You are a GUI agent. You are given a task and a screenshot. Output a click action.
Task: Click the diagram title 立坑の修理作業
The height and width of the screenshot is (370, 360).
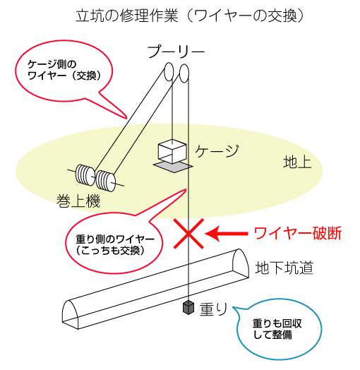(x=127, y=16)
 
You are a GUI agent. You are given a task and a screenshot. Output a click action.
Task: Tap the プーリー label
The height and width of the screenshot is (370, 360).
(x=176, y=52)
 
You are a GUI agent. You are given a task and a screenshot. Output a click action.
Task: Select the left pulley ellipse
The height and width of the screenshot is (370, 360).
(x=169, y=71)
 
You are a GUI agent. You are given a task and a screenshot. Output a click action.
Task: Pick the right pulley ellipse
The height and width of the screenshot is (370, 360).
(x=184, y=73)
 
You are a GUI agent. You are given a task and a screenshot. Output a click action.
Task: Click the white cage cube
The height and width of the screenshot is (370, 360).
(x=172, y=151)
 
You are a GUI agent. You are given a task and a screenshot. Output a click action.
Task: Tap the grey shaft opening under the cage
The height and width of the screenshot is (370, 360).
(x=173, y=167)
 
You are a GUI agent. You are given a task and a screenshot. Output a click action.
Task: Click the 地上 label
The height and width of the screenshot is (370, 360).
(x=297, y=162)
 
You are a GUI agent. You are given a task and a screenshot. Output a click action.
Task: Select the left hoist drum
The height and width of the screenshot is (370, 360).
(x=85, y=174)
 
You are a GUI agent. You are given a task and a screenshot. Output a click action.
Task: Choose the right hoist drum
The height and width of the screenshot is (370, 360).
(x=105, y=181)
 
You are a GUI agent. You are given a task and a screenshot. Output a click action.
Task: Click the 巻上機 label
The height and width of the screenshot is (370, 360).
(x=78, y=201)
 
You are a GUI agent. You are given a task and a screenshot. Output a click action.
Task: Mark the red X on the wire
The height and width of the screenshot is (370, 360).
(x=188, y=234)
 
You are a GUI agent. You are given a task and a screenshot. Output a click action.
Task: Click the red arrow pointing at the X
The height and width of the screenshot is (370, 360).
(x=227, y=234)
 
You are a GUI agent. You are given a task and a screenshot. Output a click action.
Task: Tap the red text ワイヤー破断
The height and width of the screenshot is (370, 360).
(x=298, y=234)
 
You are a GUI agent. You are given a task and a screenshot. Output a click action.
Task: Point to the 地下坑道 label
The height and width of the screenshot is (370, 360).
(x=284, y=268)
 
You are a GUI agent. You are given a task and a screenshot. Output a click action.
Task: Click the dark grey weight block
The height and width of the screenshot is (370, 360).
(x=188, y=307)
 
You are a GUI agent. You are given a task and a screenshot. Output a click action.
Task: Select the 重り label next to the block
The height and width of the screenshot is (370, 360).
(x=213, y=309)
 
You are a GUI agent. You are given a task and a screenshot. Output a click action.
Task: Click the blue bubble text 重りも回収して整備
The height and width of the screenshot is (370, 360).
(x=277, y=329)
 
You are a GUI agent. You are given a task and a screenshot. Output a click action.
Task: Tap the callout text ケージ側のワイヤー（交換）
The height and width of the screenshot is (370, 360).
(x=64, y=70)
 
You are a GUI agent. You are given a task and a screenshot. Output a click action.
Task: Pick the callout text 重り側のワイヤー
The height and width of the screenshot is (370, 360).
(x=115, y=240)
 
